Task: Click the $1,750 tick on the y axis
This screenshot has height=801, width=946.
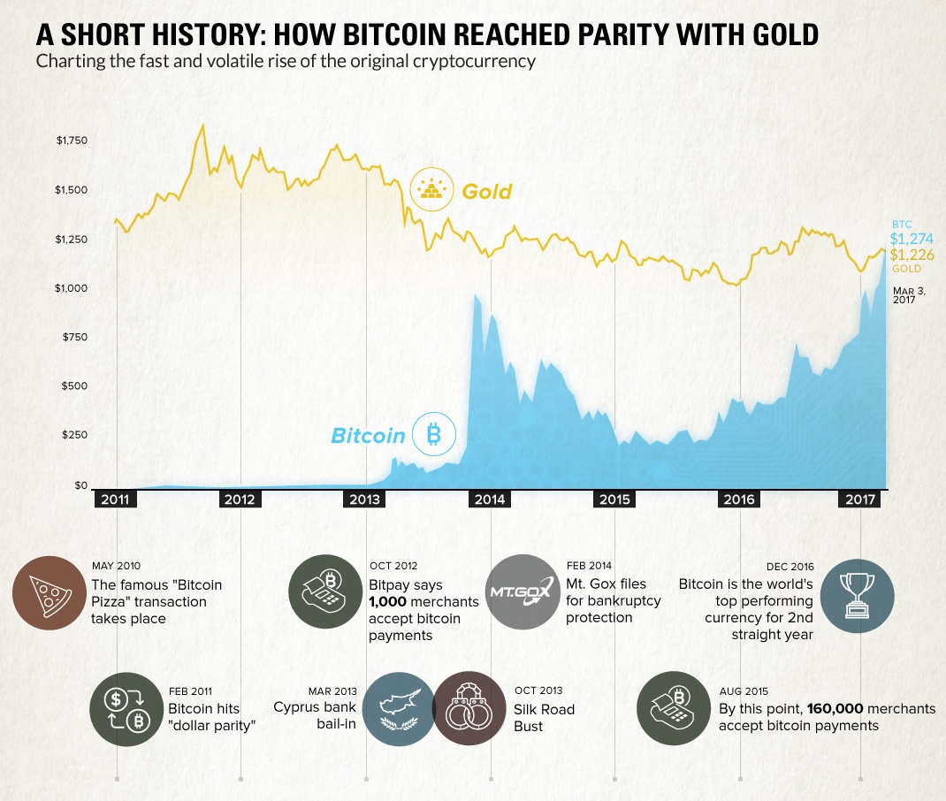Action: [x=72, y=140]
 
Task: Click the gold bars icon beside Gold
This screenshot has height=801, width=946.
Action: [x=431, y=189]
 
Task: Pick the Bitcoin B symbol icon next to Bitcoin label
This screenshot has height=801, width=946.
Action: [x=433, y=434]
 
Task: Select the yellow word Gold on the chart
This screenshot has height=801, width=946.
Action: [x=487, y=191]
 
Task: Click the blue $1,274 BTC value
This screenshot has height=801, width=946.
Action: [x=911, y=238]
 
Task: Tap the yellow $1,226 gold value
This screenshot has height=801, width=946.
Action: [x=911, y=255]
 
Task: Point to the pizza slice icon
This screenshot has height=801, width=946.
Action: [x=50, y=592]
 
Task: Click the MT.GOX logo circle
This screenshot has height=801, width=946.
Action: [x=522, y=592]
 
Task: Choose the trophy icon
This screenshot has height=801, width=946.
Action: [x=857, y=592]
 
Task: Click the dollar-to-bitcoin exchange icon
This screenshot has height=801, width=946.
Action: [x=126, y=709]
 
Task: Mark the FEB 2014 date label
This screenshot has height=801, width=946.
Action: [x=588, y=566]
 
